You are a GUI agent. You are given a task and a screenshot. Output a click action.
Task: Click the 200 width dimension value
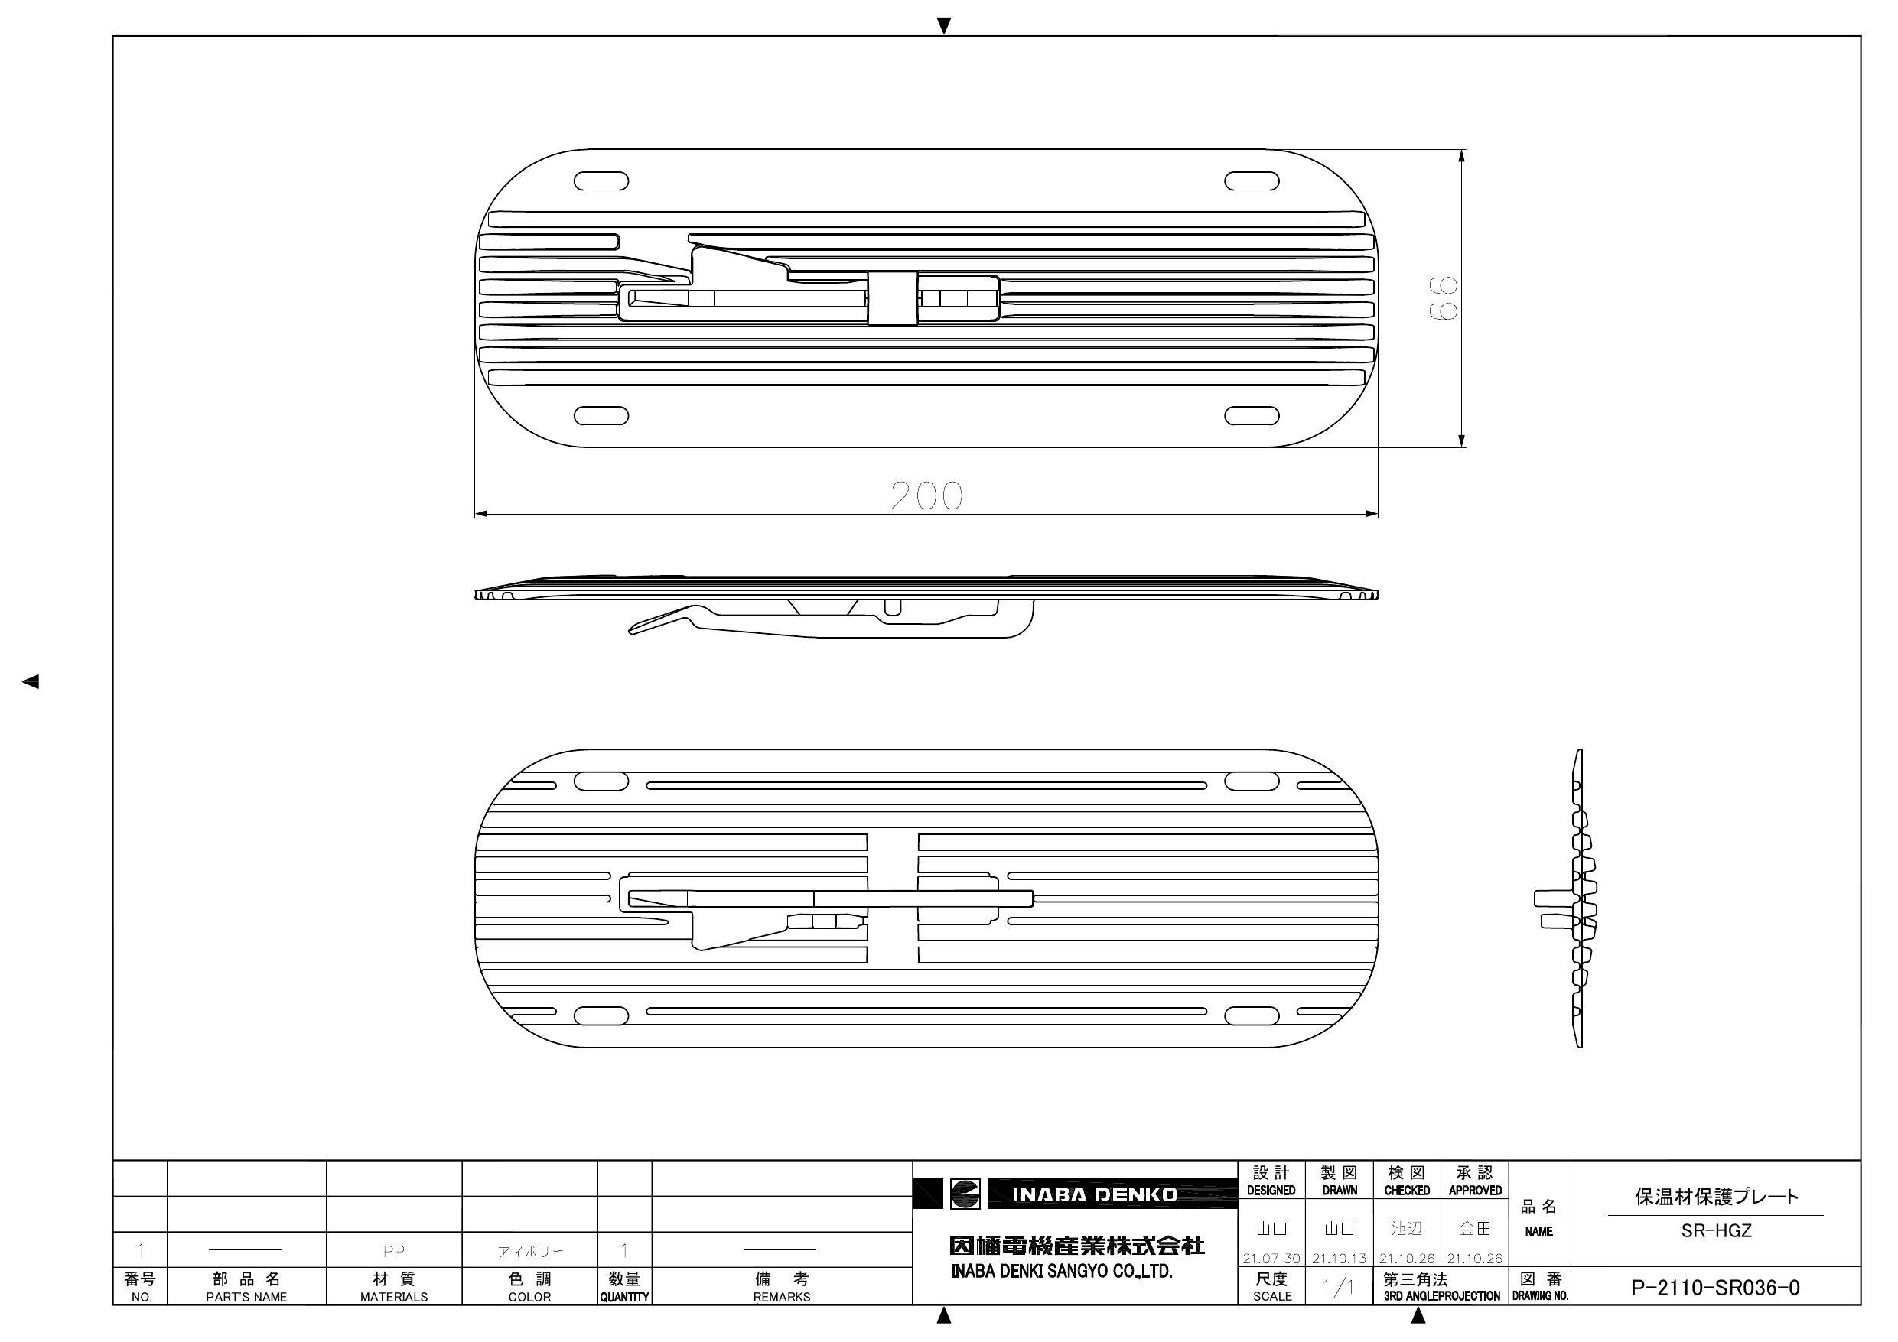tap(926, 496)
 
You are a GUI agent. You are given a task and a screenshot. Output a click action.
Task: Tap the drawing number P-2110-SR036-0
tap(1715, 1288)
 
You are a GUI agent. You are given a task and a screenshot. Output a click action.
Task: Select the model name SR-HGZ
tap(1716, 1230)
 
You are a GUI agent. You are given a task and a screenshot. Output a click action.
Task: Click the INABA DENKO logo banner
tap(1076, 1194)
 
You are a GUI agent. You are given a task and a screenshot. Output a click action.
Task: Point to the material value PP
tap(393, 1251)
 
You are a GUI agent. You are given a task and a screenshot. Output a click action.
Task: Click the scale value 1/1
tap(1337, 1288)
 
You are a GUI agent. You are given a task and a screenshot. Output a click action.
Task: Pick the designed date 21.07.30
tap(1271, 1259)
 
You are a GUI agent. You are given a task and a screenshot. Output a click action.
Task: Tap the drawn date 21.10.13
tap(1340, 1259)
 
